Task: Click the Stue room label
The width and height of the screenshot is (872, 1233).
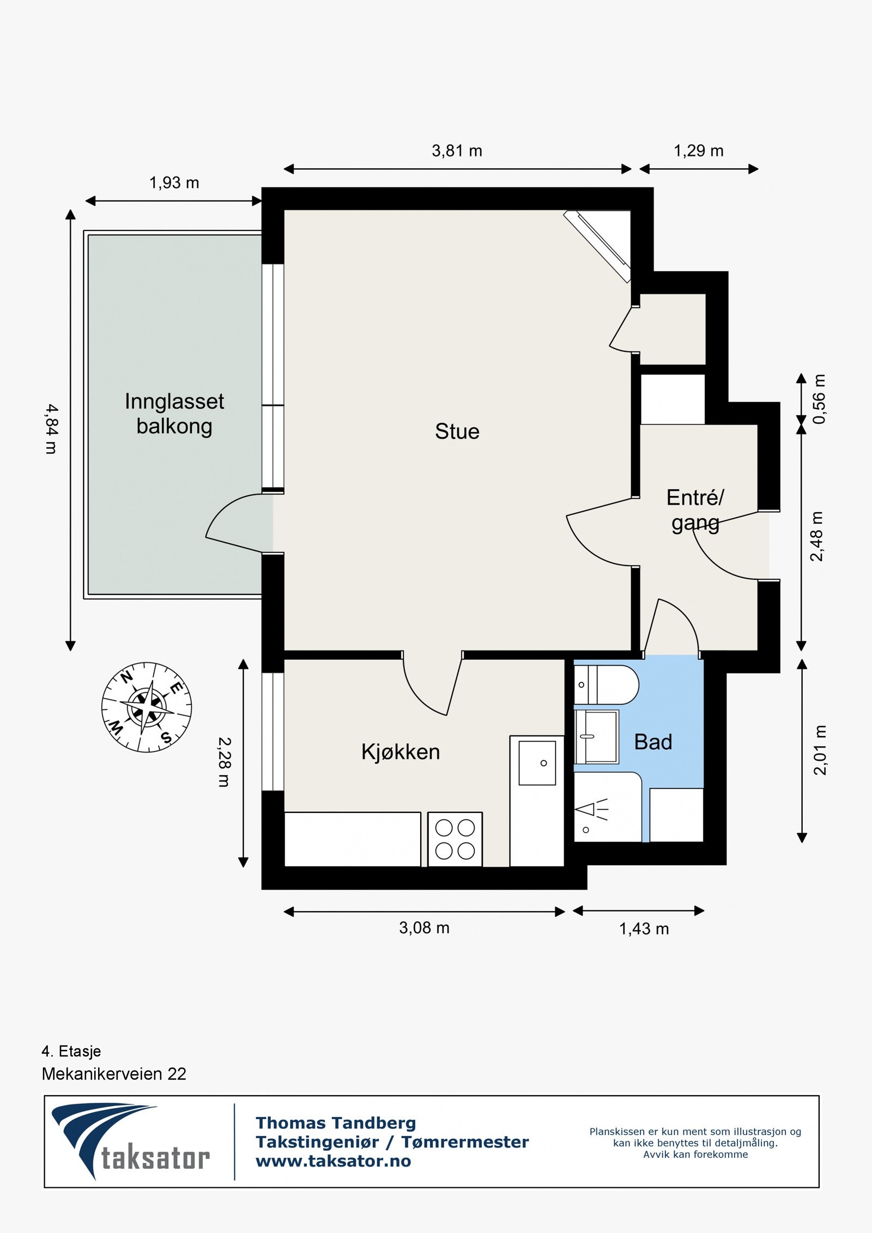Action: (457, 432)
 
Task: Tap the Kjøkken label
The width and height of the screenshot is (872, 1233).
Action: (400, 752)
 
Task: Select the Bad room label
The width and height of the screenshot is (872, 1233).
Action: (653, 742)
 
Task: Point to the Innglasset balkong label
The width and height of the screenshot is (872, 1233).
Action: (174, 414)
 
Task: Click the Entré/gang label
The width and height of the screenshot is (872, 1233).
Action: (695, 511)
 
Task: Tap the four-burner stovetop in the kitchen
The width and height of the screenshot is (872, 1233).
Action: (455, 839)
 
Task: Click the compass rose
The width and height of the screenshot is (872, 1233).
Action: (147, 707)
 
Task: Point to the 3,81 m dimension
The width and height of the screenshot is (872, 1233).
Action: (457, 151)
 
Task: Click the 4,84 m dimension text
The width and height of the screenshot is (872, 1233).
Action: (51, 429)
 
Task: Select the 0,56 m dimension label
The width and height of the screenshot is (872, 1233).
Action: (819, 399)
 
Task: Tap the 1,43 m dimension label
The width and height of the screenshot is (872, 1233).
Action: (644, 929)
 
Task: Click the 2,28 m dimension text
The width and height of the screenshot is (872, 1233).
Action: (224, 762)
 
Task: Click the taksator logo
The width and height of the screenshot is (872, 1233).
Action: (131, 1143)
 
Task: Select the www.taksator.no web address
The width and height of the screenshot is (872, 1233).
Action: (334, 1161)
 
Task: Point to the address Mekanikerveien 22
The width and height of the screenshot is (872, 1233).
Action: (114, 1074)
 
